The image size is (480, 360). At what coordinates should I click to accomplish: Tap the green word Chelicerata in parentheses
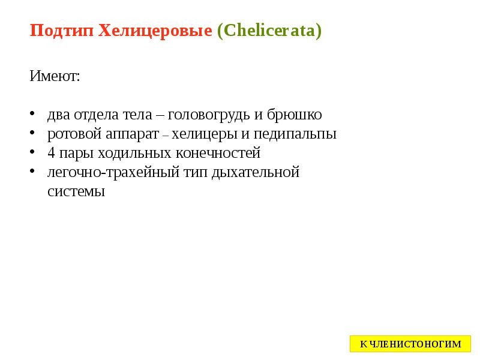point(269,31)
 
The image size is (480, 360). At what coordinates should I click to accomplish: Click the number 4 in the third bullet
point(51,153)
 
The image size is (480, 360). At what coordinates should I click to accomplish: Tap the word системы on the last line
point(76,192)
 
